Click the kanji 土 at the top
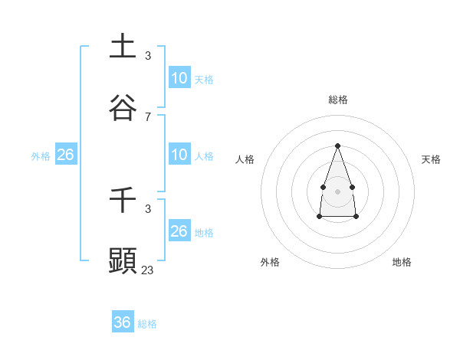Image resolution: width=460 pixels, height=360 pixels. tap(123, 46)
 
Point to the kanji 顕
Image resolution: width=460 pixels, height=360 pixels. tap(123, 260)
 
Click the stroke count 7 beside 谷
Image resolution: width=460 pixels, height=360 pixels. tap(147, 117)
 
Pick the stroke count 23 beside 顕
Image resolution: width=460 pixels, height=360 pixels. tap(148, 270)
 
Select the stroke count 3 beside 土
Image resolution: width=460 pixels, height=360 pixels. tap(147, 56)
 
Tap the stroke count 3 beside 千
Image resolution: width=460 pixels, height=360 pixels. tap(147, 208)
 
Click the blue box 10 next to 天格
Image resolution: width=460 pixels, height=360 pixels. tap(179, 77)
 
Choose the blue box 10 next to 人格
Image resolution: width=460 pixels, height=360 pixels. tap(179, 154)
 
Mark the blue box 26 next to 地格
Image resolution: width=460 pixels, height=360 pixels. tap(179, 231)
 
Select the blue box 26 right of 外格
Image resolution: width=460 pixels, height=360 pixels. tap(65, 155)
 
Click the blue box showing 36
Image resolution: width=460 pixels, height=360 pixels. tap(123, 322)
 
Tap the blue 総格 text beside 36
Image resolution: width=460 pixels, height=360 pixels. tap(147, 324)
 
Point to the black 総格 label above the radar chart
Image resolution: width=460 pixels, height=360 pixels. tap(337, 100)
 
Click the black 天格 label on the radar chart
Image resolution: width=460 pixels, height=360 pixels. tap(431, 159)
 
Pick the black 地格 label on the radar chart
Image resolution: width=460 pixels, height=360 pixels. tap(402, 262)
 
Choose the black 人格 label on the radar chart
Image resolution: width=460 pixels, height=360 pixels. tap(245, 159)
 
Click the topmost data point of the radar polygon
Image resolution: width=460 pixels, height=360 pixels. tap(337, 145)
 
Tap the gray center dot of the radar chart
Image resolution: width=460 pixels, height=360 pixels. tap(337, 191)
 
